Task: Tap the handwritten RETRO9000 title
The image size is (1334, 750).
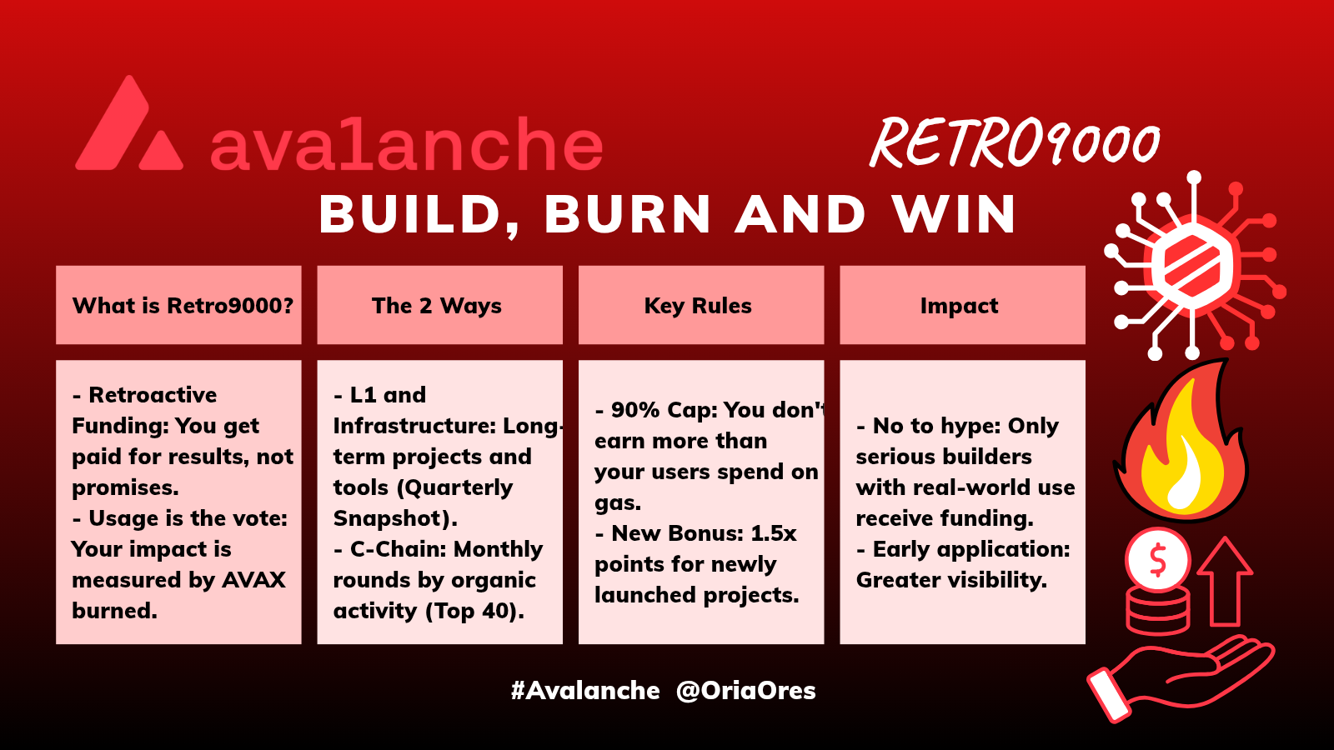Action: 1015,142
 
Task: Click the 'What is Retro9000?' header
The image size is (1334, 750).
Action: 183,305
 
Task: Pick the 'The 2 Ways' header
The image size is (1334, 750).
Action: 437,305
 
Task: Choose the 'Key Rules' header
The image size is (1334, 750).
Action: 698,305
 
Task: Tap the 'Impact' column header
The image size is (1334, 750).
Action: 959,306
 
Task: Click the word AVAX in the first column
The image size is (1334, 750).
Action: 253,580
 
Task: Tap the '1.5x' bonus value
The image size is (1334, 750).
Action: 773,533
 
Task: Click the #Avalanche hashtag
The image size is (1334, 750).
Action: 585,691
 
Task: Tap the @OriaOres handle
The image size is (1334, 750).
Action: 746,691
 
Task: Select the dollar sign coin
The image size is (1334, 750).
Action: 1158,559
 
